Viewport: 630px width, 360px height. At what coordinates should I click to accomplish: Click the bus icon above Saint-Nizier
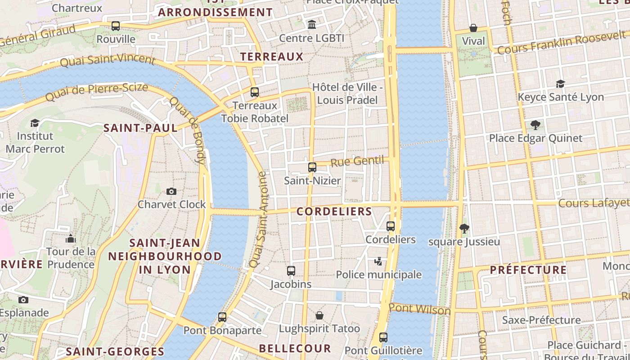click(312, 167)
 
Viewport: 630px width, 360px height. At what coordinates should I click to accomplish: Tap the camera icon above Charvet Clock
click(171, 192)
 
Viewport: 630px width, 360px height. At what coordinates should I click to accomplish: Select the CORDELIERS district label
click(334, 211)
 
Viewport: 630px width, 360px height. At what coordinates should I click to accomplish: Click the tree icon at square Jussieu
click(464, 229)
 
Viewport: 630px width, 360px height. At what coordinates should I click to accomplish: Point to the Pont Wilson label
click(419, 309)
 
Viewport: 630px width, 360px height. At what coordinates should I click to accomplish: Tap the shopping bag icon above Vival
click(473, 28)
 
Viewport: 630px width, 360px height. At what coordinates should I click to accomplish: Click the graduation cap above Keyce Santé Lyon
click(560, 84)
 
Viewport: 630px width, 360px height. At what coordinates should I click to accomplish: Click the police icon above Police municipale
click(379, 261)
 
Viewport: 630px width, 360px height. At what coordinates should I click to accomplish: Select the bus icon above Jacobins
click(291, 271)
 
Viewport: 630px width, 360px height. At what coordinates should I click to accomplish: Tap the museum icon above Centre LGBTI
click(311, 24)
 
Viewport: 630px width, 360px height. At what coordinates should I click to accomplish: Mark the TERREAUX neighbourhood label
click(272, 57)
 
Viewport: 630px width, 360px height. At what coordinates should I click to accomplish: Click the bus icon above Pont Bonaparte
click(222, 317)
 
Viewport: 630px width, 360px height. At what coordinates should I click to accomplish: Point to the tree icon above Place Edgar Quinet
click(535, 125)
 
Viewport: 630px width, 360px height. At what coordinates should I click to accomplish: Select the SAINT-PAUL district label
click(140, 128)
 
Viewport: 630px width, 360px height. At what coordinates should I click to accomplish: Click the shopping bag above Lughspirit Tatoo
click(319, 315)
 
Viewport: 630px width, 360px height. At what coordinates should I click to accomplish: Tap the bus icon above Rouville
click(116, 26)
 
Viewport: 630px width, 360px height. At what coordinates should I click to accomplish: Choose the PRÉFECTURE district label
click(528, 270)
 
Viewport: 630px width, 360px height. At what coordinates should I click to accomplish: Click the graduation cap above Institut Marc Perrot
click(35, 123)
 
